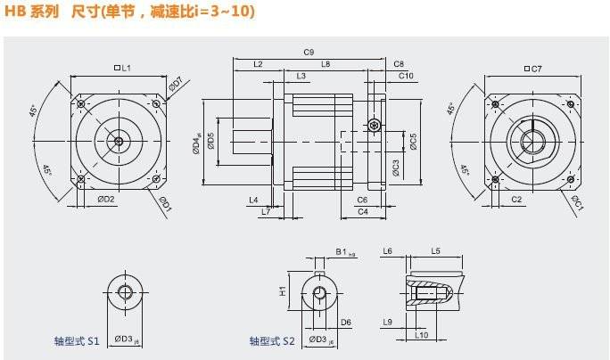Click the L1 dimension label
coord(124,68)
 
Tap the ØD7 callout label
coord(177,85)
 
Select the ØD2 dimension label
coord(107,199)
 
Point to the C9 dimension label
coord(309,53)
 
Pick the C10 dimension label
coord(405,76)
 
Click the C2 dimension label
coord(516,199)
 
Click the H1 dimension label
coord(282,290)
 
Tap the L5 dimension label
coord(435,252)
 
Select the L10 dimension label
coord(423,335)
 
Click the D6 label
coord(345,322)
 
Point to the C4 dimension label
coord(362,212)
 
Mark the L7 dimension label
coord(265,211)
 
